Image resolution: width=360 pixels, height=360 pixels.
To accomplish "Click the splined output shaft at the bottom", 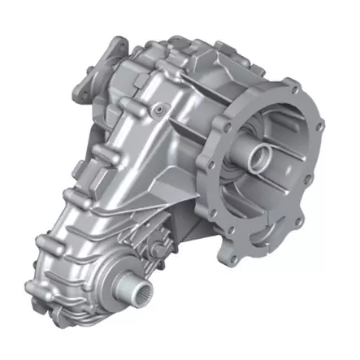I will pos(133,287).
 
